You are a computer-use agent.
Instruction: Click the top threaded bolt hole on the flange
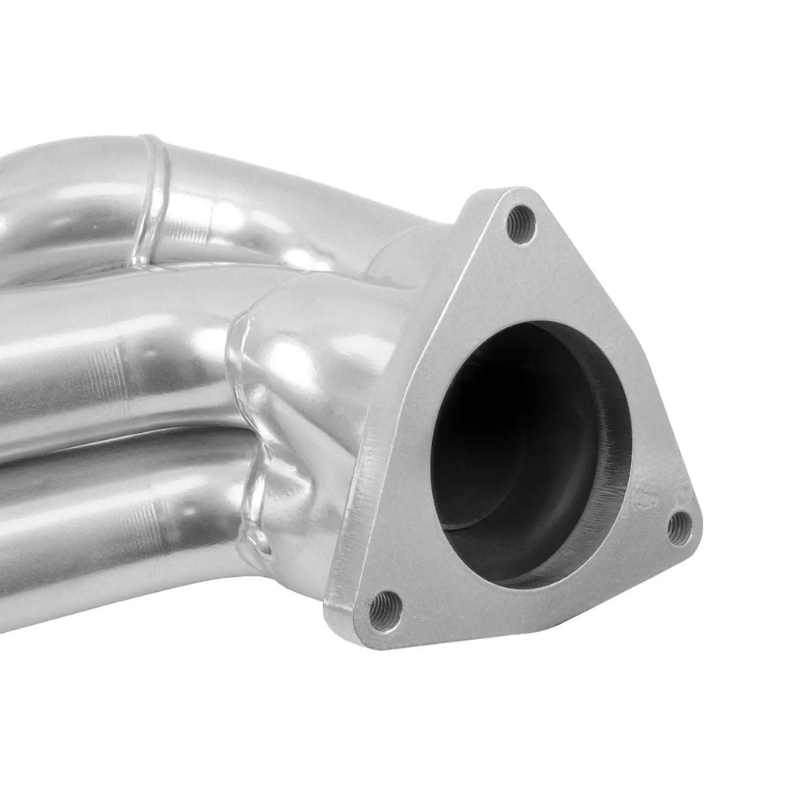520,224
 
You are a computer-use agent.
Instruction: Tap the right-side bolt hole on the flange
678,528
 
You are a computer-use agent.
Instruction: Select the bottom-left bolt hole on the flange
385,611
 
